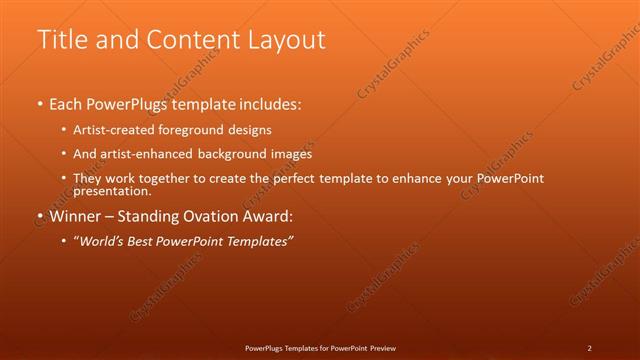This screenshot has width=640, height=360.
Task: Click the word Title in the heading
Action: (x=62, y=39)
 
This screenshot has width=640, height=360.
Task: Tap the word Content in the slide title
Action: (x=190, y=39)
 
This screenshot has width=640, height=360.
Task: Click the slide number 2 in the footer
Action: (x=589, y=348)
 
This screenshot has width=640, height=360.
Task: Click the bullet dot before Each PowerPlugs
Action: (x=39, y=104)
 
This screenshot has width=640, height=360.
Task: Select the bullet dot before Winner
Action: (x=39, y=216)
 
